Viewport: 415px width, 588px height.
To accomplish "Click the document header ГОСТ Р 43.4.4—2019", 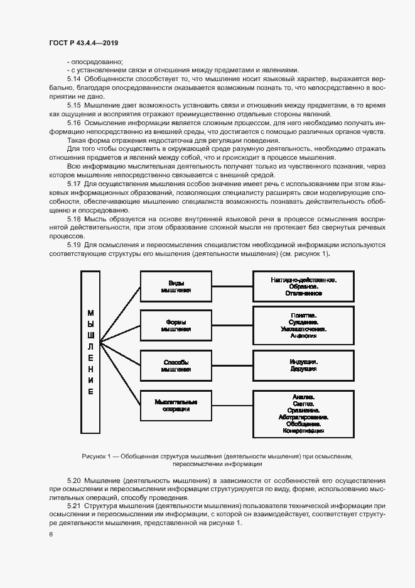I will pyautogui.click(x=83, y=43).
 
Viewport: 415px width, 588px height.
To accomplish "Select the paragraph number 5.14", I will pyautogui.click(x=73, y=79).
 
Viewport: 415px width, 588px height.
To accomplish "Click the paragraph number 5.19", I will pyautogui.click(x=73, y=244).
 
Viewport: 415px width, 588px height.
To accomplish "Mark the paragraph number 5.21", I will pyautogui.click(x=73, y=506).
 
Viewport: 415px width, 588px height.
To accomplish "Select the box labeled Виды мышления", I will pyautogui.click(x=176, y=286).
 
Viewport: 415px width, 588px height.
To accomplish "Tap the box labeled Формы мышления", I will pyautogui.click(x=176, y=325).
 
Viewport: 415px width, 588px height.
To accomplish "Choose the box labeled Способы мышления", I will pyautogui.click(x=176, y=366).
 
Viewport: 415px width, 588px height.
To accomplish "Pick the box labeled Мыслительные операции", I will pyautogui.click(x=176, y=405).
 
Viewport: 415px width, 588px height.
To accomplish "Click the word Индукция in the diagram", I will pyautogui.click(x=303, y=362).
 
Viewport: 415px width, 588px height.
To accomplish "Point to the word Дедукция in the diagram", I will pyautogui.click(x=303, y=370).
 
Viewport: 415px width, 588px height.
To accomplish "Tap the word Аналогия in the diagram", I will pyautogui.click(x=303, y=336).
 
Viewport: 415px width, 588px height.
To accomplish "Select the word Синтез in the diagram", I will pyautogui.click(x=303, y=404).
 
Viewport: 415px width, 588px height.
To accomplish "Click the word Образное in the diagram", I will pyautogui.click(x=303, y=286).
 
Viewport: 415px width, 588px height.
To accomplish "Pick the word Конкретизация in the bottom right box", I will pyautogui.click(x=303, y=431).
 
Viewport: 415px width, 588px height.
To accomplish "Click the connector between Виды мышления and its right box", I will pyautogui.click(x=232, y=286).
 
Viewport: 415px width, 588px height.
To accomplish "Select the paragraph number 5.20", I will pyautogui.click(x=73, y=480).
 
